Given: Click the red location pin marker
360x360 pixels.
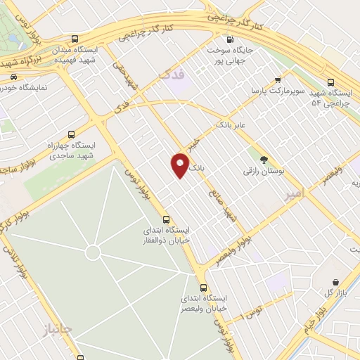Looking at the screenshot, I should [x=180, y=165].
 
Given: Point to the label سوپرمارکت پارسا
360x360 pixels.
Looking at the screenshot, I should [x=279, y=91].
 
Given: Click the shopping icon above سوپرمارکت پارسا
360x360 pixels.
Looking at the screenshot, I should [x=278, y=80].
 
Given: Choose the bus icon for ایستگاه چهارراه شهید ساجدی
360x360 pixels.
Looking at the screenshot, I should [x=71, y=134].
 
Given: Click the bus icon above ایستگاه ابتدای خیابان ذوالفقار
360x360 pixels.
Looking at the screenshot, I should [x=167, y=218].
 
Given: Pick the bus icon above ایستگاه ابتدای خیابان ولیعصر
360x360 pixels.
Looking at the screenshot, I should [x=203, y=287].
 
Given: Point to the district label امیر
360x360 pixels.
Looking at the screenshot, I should [x=296, y=196].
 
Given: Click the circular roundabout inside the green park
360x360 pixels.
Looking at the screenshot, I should [x=93, y=252].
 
